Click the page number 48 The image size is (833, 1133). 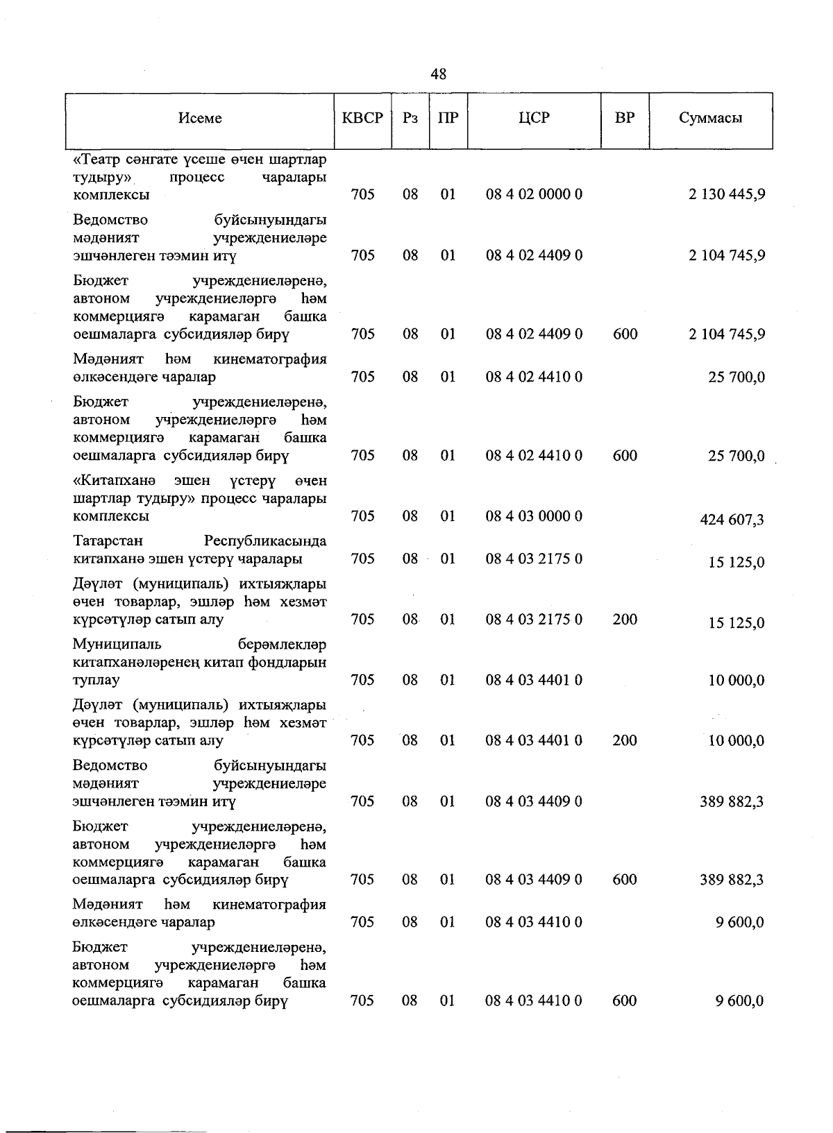[438, 74]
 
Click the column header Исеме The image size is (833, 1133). [200, 118]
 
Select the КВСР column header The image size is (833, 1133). [362, 118]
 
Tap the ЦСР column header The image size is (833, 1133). [534, 118]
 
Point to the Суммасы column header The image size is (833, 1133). [710, 118]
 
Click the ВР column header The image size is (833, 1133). [625, 118]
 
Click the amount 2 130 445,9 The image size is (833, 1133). [727, 194]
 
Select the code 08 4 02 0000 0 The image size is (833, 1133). [534, 194]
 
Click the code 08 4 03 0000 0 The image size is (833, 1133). [534, 516]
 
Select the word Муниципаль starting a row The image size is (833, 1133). [117, 645]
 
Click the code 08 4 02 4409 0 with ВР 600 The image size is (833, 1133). [534, 334]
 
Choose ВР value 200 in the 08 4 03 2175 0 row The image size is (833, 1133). [625, 620]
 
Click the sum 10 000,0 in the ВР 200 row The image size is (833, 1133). [736, 741]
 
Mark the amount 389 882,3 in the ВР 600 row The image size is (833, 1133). [732, 880]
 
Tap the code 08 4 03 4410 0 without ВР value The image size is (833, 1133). [534, 922]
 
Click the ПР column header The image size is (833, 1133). [448, 118]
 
